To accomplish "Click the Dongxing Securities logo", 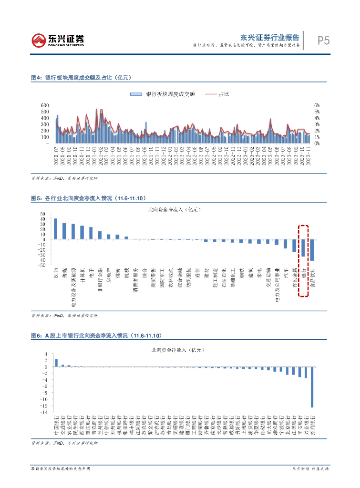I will click(57, 40).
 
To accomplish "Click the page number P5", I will click(324, 41).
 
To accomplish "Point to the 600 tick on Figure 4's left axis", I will click(45, 105).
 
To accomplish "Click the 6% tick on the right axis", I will click(316, 105).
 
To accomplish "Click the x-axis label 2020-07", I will click(56, 157).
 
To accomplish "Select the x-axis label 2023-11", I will click(309, 157).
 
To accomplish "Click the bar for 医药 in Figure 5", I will click(56, 229).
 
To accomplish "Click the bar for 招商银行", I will click(312, 387).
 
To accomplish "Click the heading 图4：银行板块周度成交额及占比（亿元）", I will click(81, 77).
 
